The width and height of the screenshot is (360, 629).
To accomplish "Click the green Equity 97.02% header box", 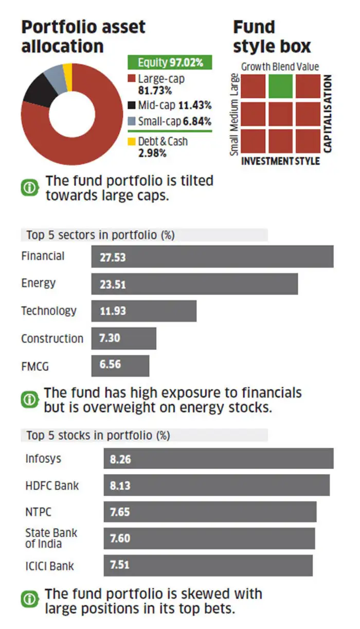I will click(x=170, y=63).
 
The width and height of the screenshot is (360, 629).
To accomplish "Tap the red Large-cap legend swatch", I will click(x=131, y=79).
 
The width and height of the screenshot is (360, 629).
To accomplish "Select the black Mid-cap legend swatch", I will click(x=131, y=106).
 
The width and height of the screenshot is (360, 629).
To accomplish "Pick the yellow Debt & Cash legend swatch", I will click(x=131, y=141).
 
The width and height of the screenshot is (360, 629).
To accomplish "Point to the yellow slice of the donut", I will click(x=67, y=70).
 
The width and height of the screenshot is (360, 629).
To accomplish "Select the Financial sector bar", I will click(x=212, y=256).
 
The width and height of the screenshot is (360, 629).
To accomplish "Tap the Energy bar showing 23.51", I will click(x=194, y=284).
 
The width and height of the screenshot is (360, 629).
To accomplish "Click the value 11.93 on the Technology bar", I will click(x=113, y=311).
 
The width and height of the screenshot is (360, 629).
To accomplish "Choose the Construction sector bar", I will click(x=123, y=338).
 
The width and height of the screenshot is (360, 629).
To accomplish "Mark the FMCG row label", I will click(x=35, y=367).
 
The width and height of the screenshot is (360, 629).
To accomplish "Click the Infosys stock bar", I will click(x=218, y=458).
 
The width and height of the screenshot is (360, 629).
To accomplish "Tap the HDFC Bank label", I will click(x=52, y=486).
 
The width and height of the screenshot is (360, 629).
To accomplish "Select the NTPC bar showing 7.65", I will click(x=210, y=512).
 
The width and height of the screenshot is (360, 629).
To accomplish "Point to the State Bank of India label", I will click(x=51, y=538).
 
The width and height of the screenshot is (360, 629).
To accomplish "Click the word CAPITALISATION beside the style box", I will click(x=328, y=114).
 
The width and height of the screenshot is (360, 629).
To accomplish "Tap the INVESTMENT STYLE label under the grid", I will click(x=280, y=161).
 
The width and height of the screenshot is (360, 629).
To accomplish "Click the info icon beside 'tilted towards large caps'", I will click(x=29, y=188).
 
